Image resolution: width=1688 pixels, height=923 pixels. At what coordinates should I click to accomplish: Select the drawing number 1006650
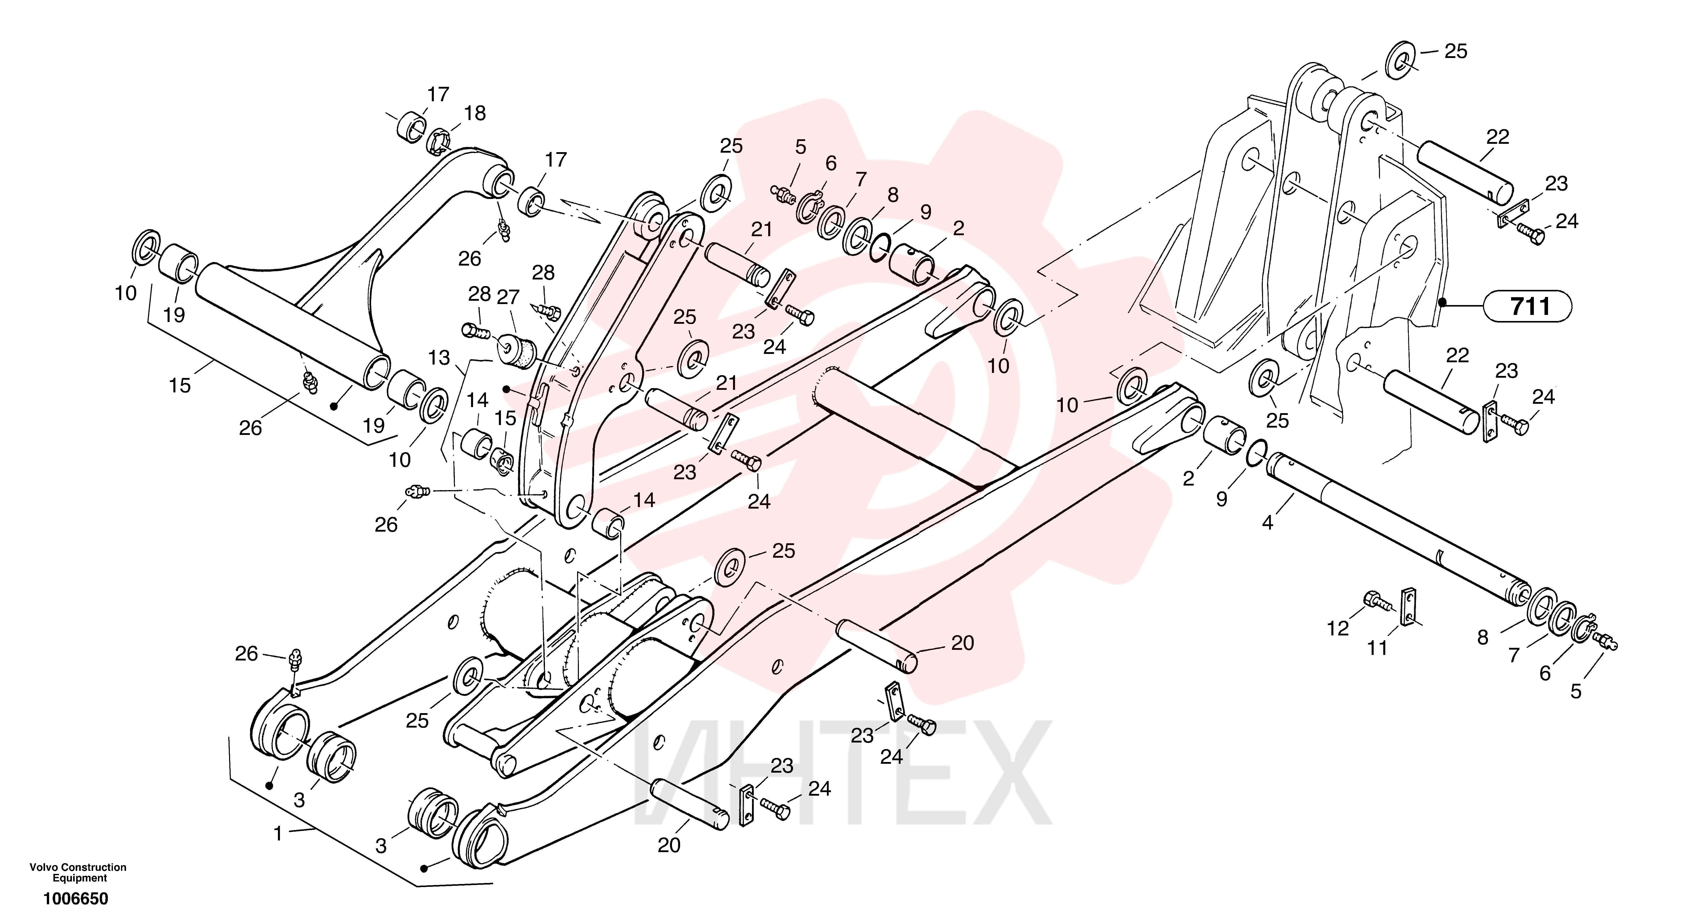pyautogui.click(x=76, y=899)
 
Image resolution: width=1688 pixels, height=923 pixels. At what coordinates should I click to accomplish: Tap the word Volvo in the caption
pyautogui.click(x=42, y=867)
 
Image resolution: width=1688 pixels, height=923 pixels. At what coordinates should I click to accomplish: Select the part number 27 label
pyautogui.click(x=508, y=297)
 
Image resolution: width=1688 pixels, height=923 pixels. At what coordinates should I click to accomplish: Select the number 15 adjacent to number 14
pyautogui.click(x=505, y=418)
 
